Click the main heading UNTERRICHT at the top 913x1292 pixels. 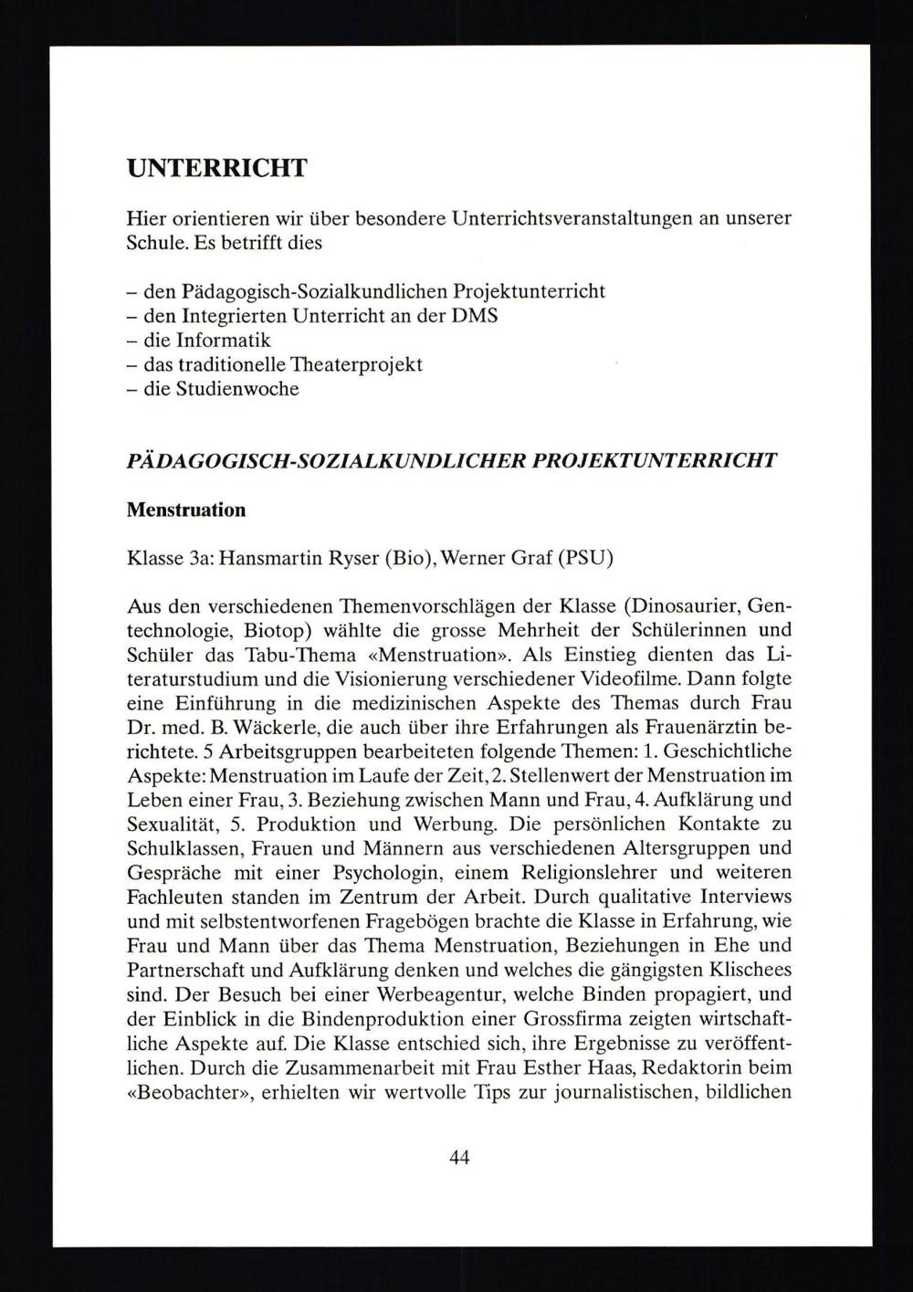point(217,169)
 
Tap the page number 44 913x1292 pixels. point(459,1158)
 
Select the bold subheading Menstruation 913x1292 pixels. point(186,509)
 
